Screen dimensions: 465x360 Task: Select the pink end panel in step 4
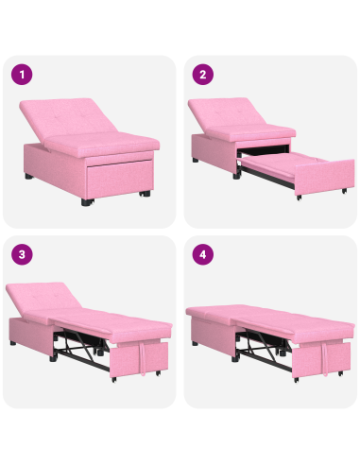[327, 359]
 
